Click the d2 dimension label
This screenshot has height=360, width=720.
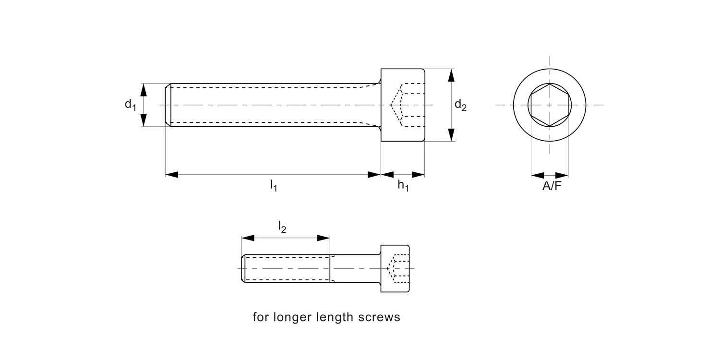(460, 105)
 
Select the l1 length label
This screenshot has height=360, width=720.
(273, 185)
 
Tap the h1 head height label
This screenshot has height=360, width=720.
(403, 186)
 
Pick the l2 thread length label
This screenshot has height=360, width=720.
(282, 227)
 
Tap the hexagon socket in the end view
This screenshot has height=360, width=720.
(550, 105)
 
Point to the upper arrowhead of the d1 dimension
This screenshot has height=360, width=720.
(144, 89)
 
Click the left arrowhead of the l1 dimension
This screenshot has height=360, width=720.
(172, 174)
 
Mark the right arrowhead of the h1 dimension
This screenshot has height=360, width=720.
(419, 174)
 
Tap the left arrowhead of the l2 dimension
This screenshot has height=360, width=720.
(247, 238)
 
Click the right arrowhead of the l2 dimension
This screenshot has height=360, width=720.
(324, 238)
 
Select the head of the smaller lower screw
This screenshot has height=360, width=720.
(396, 268)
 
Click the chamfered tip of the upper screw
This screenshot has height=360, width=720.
(168, 105)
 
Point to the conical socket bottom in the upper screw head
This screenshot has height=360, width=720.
(395, 105)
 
